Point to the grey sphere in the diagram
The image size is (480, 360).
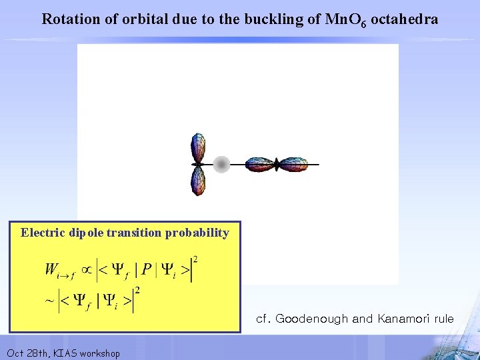[221, 163]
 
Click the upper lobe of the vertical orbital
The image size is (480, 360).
[198, 148]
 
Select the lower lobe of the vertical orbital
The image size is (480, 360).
[198, 180]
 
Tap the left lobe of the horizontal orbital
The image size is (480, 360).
[261, 164]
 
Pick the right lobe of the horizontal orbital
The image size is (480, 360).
[293, 164]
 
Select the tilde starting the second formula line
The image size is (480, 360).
[49, 301]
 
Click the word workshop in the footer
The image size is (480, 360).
[100, 353]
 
